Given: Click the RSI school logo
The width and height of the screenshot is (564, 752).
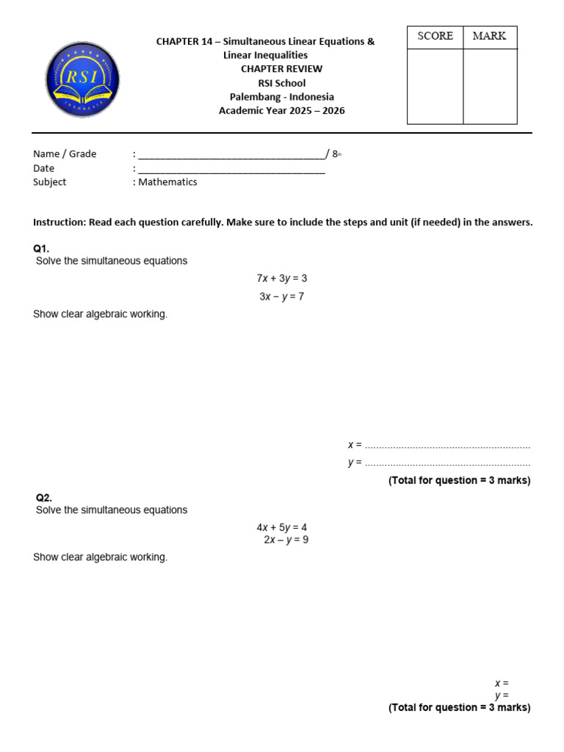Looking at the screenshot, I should pos(82,79).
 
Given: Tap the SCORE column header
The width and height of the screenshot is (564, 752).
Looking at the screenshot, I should pos(435,36).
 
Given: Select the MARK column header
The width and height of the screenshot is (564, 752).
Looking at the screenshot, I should pos(489,36).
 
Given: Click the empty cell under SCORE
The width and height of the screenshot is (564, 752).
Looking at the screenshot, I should pos(435,86).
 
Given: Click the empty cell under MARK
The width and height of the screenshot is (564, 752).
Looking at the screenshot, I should pos(489,86).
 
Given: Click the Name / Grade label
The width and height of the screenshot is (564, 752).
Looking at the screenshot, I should pos(65,154).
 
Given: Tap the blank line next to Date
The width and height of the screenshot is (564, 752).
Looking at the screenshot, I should pos(231,169).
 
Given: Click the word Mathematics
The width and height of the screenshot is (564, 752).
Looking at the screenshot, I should pos(167,182).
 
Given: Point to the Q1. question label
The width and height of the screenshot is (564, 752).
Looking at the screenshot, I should pos(41,249).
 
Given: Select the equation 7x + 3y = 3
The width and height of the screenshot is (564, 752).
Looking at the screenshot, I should pos(281,278).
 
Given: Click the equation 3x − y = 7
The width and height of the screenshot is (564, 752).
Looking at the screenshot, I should pos(281,297).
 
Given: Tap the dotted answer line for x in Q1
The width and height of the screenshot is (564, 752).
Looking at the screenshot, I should pos(447,446).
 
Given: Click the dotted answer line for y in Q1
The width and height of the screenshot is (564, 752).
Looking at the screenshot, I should pos(447,463).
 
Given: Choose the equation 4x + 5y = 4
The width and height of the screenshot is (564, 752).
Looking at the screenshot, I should pos(281,527).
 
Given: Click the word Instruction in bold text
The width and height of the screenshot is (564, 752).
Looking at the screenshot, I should pos(59,223).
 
